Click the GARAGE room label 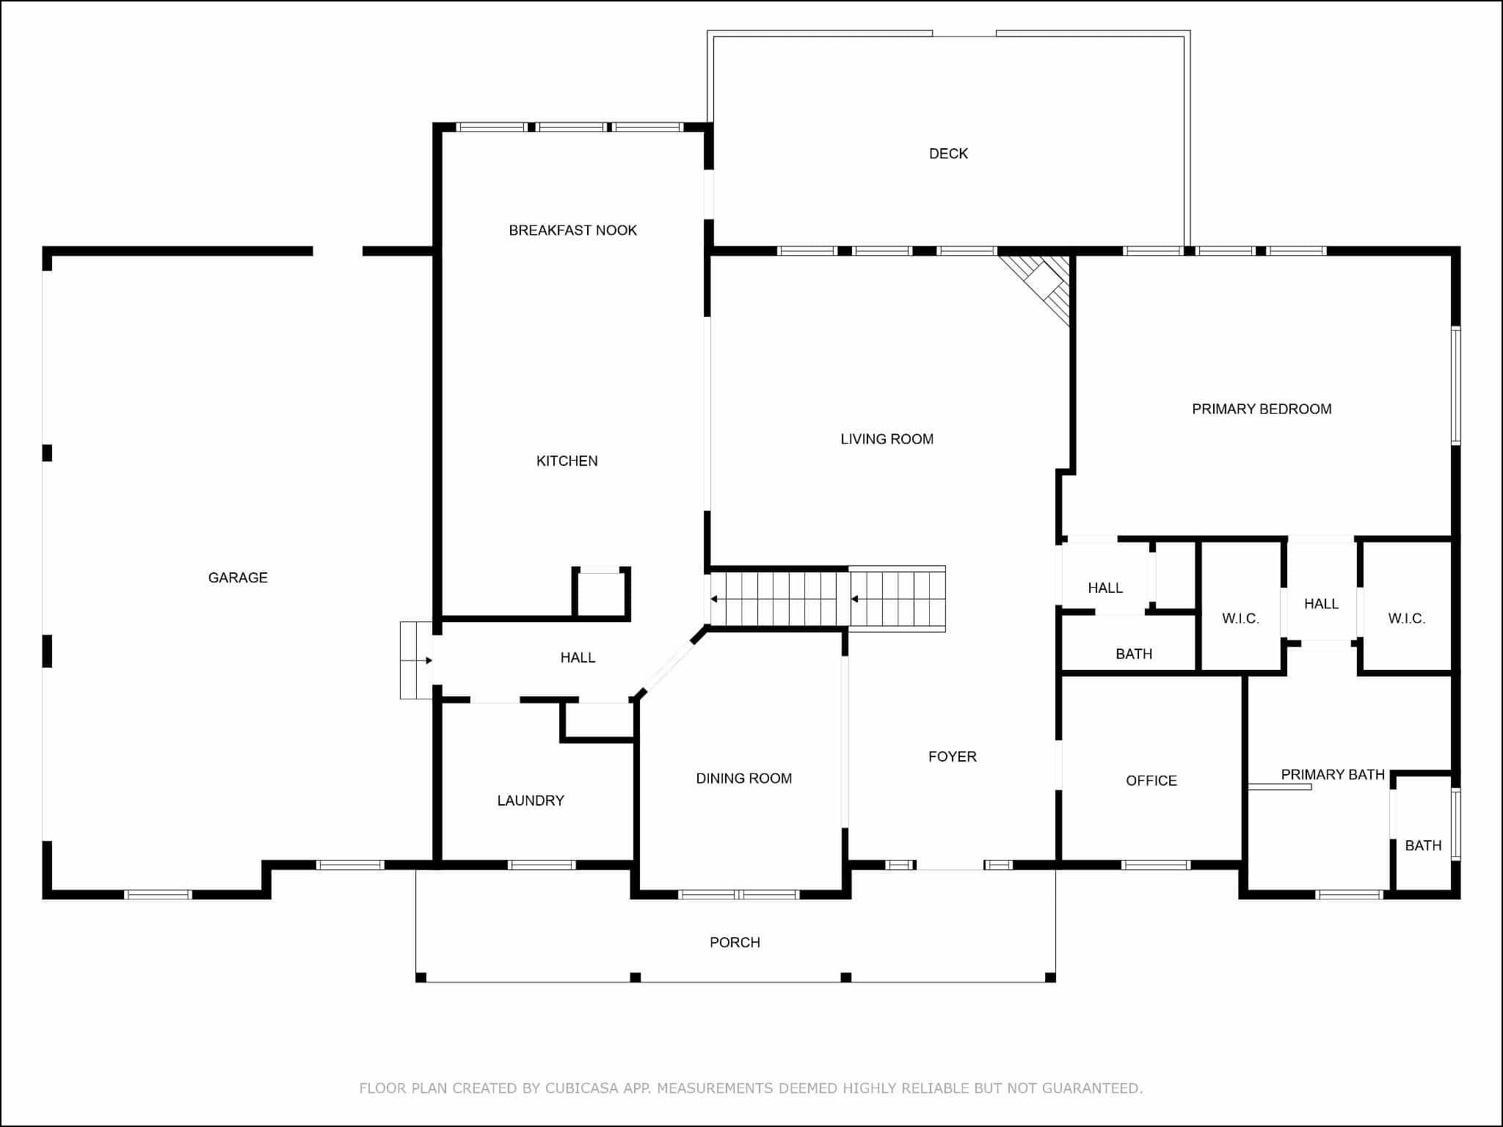238,578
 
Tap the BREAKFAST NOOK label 573,230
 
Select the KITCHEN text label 567,461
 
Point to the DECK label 949,153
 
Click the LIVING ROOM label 887,439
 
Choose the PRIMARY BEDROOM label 1262,409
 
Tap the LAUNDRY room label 531,800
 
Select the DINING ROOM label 744,778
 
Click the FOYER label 953,756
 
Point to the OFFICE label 1151,781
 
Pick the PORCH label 735,942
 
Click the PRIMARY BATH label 1333,774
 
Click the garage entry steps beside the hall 416,660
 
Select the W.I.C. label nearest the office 1240,619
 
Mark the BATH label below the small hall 1134,654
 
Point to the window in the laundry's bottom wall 542,865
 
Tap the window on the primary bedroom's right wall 1456,385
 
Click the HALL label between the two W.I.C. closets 1321,604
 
